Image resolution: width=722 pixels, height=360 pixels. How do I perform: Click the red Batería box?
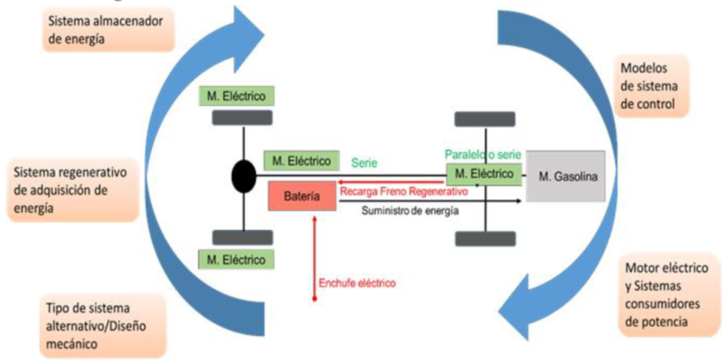[x=302, y=198]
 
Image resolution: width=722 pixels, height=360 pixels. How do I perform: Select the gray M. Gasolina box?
[x=565, y=176]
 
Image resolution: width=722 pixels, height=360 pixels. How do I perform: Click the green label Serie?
[x=366, y=162]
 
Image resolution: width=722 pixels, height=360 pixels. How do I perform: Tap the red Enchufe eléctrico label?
[x=358, y=283]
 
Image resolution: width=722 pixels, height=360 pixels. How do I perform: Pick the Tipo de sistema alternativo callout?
[x=91, y=326]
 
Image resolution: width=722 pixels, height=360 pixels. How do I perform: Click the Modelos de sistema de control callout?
[x=650, y=86]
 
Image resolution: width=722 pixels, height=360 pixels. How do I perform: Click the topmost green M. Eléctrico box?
[x=237, y=96]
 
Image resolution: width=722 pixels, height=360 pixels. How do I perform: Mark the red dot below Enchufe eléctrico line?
[x=314, y=300]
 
